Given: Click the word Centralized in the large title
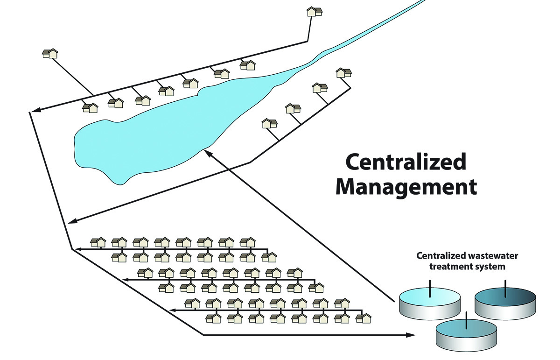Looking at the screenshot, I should pos(406,162).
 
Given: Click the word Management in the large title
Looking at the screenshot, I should pos(406,187).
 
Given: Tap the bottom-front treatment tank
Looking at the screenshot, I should pos(466,332).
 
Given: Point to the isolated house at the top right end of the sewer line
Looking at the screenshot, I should pos(315,12).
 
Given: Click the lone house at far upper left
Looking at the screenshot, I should pos(50,53).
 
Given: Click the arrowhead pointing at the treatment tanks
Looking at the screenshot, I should pos(411,335).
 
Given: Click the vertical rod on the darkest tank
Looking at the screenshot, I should pos(505,288).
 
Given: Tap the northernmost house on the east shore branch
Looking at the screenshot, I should pos(343,73).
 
